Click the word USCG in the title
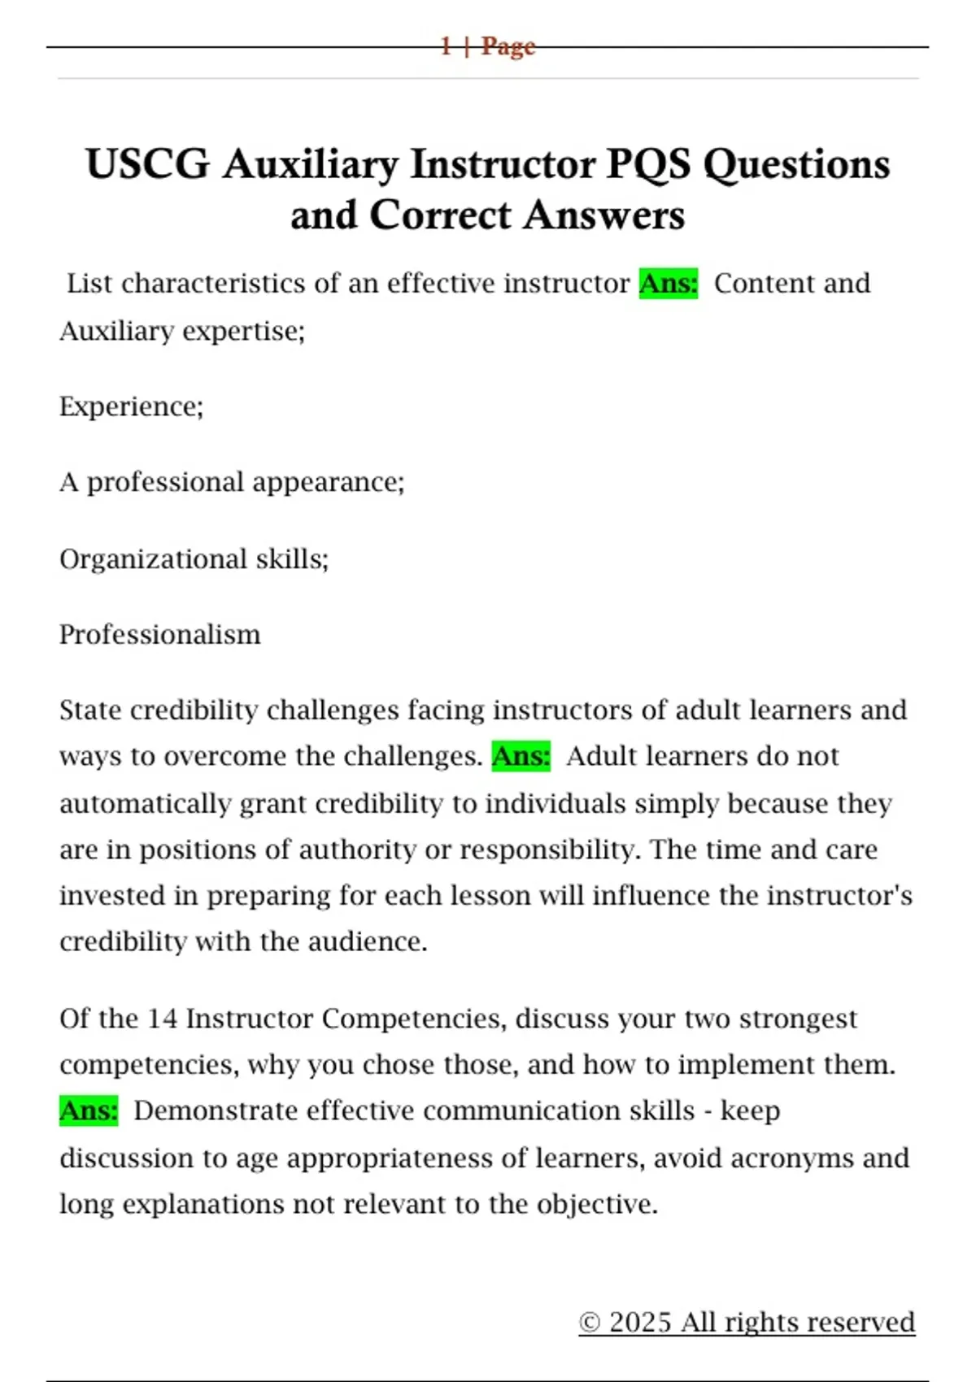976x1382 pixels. point(147,164)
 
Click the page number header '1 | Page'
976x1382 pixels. point(487,46)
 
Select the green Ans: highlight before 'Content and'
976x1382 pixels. point(669,284)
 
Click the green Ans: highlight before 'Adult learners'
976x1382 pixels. point(521,757)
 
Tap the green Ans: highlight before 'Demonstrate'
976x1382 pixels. point(89,1111)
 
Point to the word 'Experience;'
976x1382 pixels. point(131,406)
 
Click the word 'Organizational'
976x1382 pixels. point(153,559)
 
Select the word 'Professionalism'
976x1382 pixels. point(160,635)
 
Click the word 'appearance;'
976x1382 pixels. point(329,483)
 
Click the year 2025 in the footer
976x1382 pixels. point(640,1323)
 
